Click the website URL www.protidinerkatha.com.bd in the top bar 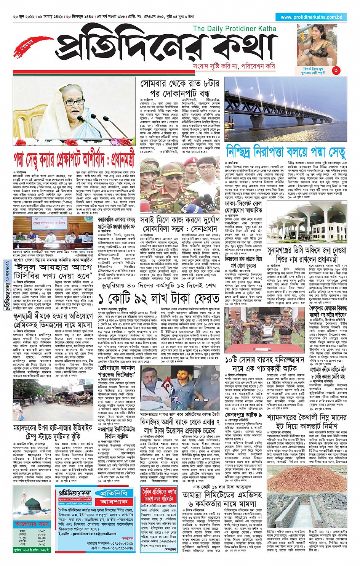click(x=311, y=17)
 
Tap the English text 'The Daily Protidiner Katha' click(x=235, y=29)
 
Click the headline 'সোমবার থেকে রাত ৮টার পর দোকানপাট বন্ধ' click(x=180, y=88)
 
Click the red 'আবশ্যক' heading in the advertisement click(x=114, y=502)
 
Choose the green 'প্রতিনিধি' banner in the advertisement click(x=114, y=493)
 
